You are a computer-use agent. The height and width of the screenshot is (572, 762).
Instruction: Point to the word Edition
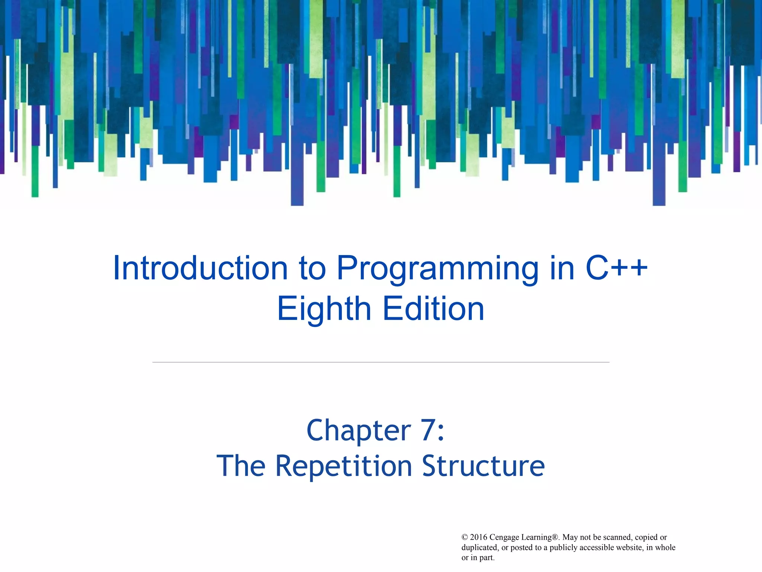433,309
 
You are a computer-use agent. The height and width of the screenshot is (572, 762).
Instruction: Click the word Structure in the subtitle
483,466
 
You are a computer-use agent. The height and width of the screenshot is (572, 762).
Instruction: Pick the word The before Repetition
241,466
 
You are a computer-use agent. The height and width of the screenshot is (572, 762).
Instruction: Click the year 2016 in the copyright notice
478,537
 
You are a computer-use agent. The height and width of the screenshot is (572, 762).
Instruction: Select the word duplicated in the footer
480,547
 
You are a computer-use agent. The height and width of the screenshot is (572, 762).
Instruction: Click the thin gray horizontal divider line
381,362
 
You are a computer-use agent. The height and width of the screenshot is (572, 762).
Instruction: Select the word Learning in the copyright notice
538,537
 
